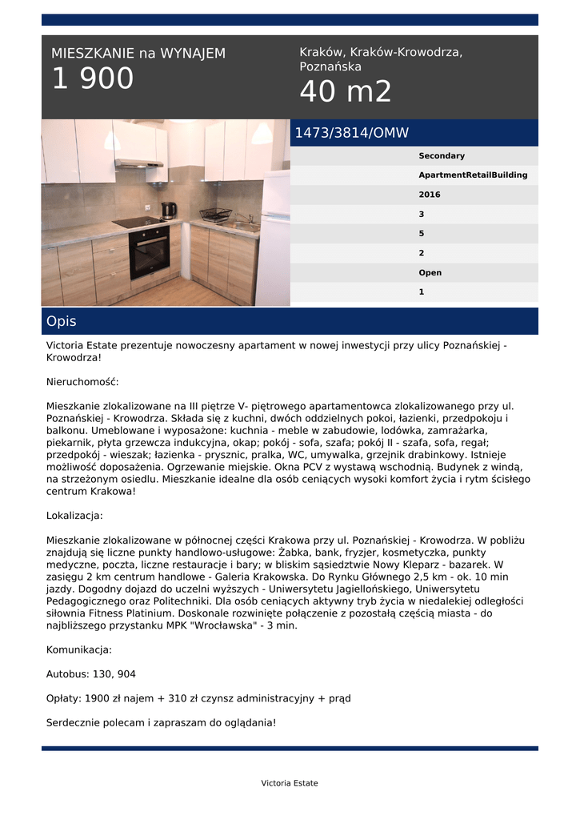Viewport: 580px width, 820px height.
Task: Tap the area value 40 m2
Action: (346, 93)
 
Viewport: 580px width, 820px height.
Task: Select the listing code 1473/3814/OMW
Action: (351, 133)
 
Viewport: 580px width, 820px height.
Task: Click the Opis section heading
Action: (62, 321)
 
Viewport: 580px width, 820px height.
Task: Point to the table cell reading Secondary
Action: (442, 156)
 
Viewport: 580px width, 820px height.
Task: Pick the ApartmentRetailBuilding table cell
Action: (473, 175)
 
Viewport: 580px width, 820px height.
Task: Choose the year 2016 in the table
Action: (430, 195)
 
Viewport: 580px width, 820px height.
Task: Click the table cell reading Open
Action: (430, 272)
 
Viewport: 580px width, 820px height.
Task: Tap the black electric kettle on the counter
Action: (168, 211)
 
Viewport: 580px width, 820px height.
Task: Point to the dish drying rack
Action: (214, 215)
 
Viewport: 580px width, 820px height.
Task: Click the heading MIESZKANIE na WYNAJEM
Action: (138, 54)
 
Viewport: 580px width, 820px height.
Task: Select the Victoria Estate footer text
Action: (290, 783)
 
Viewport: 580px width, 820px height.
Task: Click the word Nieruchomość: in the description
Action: (82, 382)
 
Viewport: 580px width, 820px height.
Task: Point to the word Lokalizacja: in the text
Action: (74, 516)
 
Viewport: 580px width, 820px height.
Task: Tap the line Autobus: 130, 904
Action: (91, 674)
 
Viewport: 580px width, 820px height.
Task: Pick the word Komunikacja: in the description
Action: (79, 649)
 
